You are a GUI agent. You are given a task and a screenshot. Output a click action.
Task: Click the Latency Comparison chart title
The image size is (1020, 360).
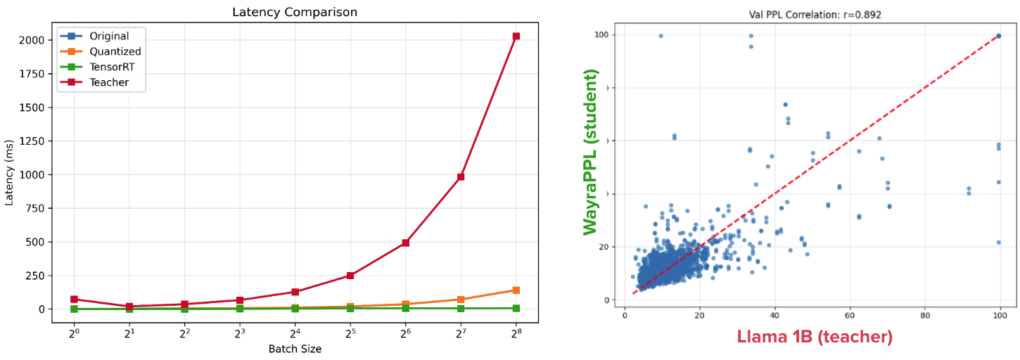(295, 12)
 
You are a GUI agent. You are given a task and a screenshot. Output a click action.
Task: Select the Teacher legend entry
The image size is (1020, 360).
(109, 83)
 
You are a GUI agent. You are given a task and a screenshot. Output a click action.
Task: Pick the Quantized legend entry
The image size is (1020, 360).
(115, 51)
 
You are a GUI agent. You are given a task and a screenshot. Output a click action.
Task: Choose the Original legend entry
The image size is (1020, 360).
(109, 35)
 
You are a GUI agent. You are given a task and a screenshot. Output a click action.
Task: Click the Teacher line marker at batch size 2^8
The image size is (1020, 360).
(516, 36)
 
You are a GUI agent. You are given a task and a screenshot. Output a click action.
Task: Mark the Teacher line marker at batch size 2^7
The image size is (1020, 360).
(461, 177)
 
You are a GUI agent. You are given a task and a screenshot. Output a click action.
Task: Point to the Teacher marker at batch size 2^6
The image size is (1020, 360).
(405, 243)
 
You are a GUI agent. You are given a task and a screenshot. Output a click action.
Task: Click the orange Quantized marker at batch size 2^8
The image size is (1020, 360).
(516, 290)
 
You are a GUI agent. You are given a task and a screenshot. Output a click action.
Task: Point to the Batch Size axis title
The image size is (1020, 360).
(295, 349)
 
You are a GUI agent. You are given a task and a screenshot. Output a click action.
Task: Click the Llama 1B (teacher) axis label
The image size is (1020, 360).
(815, 337)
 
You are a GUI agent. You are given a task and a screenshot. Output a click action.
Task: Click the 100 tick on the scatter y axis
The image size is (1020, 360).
(601, 35)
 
